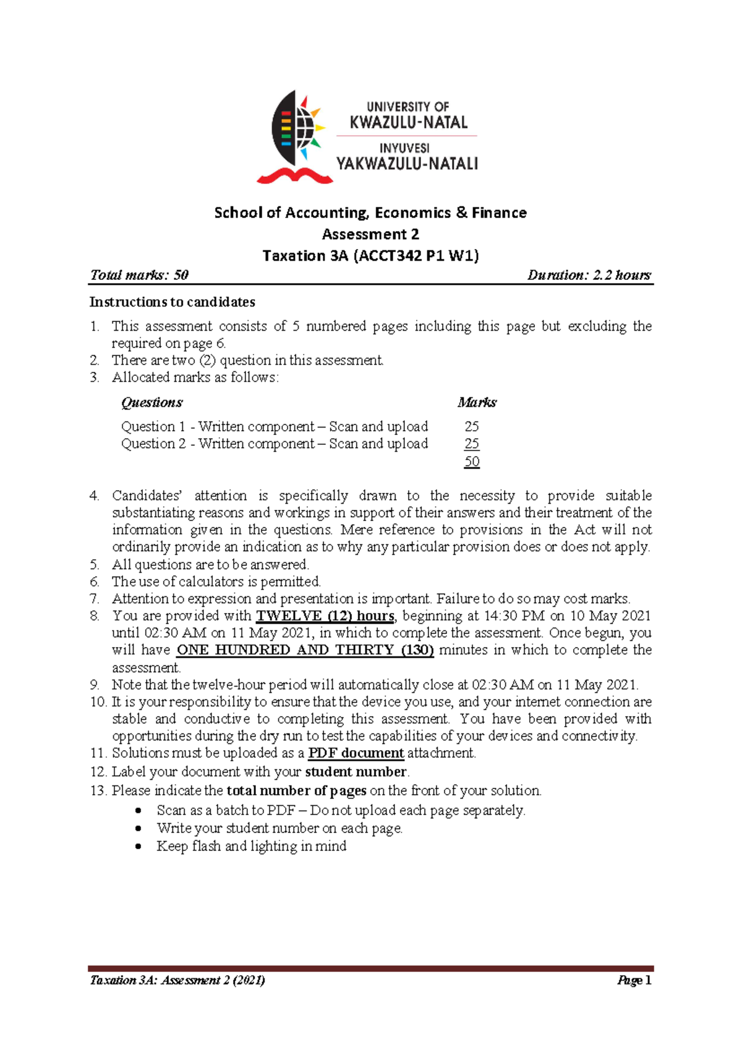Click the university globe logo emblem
[296, 137]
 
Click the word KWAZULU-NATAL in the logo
[408, 122]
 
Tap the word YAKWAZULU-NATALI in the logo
[407, 164]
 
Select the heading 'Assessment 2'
[370, 234]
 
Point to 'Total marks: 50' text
[139, 275]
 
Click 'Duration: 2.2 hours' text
[589, 275]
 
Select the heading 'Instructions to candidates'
[172, 302]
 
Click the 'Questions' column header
[151, 403]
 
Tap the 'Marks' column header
[477, 403]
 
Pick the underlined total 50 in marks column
[472, 462]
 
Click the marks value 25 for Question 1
[472, 426]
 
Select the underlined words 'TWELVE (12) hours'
[325, 616]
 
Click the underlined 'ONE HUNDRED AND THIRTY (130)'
[305, 650]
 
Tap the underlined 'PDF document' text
[356, 753]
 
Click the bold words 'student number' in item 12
[356, 772]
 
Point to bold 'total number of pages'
[296, 791]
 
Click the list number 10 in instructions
[98, 702]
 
